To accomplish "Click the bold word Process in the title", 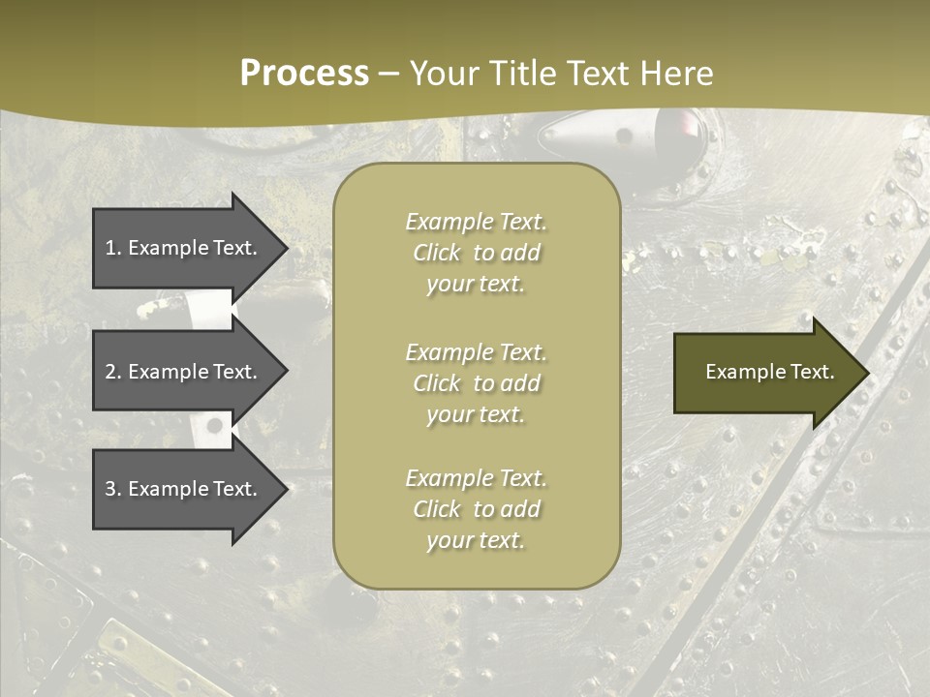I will point(304,74).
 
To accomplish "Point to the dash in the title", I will point(389,75).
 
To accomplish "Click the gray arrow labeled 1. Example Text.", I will point(181,248).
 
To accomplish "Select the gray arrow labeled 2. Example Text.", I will point(181,372).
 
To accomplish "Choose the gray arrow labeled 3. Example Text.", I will point(181,489).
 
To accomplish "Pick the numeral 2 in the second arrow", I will point(110,372).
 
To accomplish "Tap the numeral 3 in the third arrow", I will point(110,489).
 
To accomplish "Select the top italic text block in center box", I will point(476,253).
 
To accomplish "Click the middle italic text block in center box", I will point(476,383).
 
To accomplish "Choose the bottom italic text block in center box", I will point(476,509).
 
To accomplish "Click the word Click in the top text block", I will point(437,254).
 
